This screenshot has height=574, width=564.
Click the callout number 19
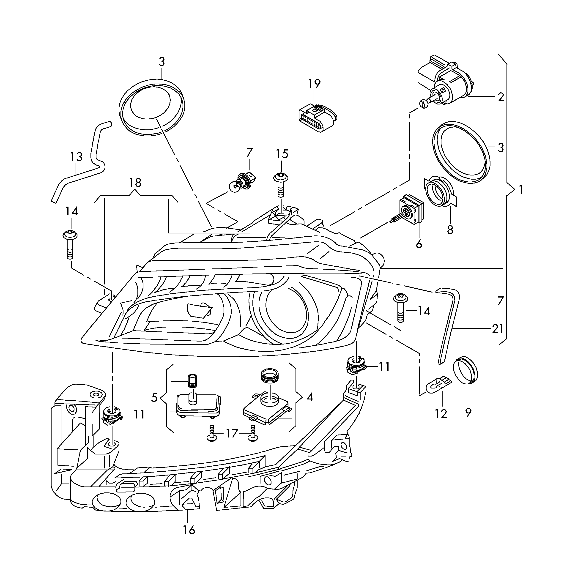click(x=314, y=84)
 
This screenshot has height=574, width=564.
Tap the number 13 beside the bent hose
click(x=76, y=157)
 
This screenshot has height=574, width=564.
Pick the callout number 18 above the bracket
click(x=135, y=183)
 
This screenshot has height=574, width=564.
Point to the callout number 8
click(x=450, y=230)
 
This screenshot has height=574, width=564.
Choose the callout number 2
click(x=501, y=97)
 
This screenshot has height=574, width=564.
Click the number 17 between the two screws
click(x=232, y=434)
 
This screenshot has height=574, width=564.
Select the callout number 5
click(x=154, y=398)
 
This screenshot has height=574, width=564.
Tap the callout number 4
click(x=309, y=397)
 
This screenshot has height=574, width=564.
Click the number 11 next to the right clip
click(x=384, y=367)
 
